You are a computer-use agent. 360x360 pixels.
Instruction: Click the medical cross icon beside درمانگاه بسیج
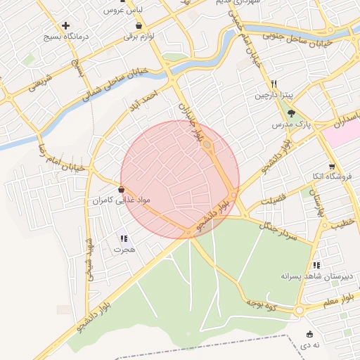pos(65,25)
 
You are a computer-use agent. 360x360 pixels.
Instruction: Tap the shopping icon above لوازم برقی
pos(139,26)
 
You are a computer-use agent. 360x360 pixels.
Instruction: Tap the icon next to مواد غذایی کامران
pos(122,190)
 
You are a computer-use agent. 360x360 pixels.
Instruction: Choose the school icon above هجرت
pos(124,239)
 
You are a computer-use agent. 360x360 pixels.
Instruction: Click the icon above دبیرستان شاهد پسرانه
pos(316,265)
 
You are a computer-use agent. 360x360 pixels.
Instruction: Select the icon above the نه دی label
pos(309,334)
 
